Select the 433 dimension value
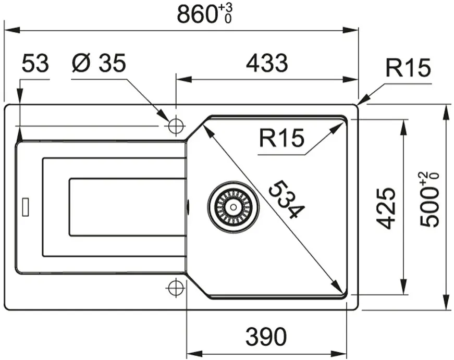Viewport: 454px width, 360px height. [x=267, y=63]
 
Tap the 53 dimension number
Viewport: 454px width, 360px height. [x=35, y=63]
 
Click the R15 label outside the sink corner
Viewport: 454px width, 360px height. [x=408, y=68]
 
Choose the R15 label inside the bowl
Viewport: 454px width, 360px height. [x=281, y=138]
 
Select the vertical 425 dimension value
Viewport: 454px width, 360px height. [x=386, y=208]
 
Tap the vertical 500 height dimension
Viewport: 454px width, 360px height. [x=429, y=200]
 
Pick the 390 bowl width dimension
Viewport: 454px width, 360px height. [x=266, y=337]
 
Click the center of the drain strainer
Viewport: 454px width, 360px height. [x=233, y=207]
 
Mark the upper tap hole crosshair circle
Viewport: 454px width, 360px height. [x=176, y=126]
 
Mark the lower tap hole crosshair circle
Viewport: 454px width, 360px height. [x=176, y=288]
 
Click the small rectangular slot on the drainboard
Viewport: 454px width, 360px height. [x=26, y=207]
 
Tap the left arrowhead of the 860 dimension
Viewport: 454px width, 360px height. [x=11, y=30]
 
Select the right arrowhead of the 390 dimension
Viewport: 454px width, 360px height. [x=339, y=353]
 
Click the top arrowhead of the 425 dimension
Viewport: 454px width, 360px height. [x=403, y=127]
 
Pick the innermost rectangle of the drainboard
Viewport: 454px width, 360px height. [x=127, y=207]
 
